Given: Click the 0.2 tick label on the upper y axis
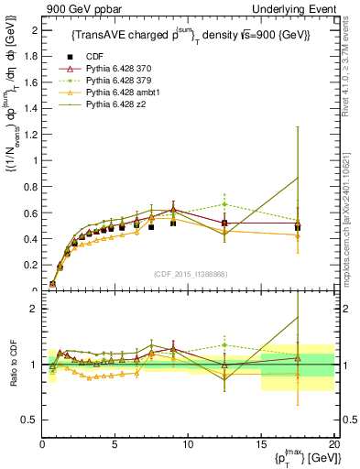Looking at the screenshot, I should [31, 266].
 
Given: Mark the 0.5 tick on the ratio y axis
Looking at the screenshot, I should [31, 420].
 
